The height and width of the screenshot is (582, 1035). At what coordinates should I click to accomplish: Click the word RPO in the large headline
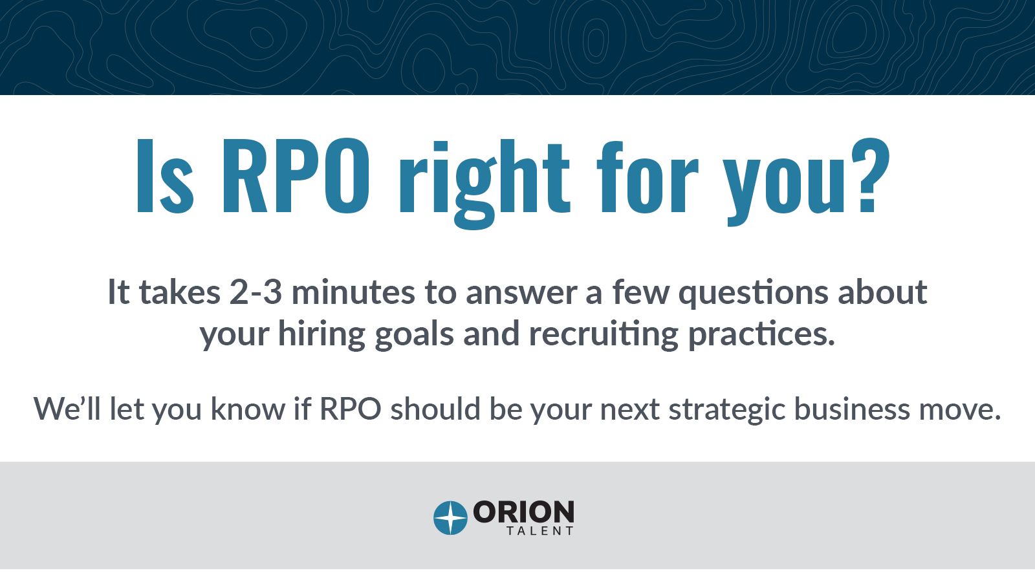[296, 176]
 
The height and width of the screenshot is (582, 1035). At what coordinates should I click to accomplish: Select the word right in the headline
[485, 184]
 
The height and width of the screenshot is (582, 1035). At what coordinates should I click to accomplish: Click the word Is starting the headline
[165, 176]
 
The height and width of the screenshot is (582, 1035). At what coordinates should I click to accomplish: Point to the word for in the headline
[648, 176]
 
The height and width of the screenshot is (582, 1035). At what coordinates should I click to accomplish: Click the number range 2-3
[256, 292]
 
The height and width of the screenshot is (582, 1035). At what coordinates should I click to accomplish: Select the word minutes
[353, 292]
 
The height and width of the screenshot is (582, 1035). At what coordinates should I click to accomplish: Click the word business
[852, 408]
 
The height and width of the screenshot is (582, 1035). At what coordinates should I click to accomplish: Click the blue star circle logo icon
[450, 518]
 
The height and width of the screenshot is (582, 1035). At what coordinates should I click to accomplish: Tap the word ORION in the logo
[523, 512]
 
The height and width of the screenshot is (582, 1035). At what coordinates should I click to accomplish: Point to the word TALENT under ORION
[540, 531]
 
